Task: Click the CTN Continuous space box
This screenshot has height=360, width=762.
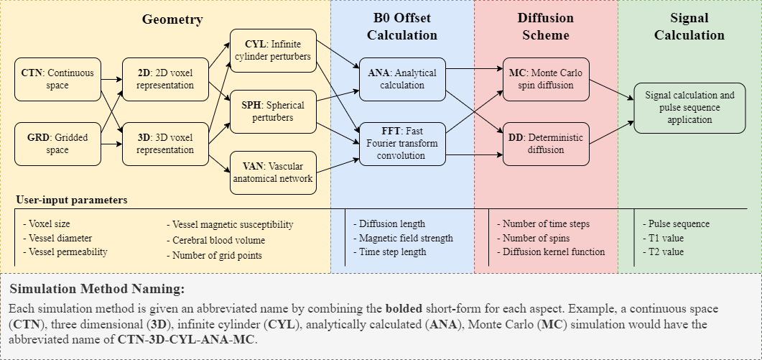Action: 57,79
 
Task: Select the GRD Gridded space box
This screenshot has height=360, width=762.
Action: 57,143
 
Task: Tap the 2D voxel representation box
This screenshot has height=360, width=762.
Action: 165,79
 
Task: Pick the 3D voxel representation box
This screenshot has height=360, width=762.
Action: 165,143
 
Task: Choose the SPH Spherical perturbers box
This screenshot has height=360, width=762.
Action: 273,111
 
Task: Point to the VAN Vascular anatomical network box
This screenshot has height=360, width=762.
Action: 273,172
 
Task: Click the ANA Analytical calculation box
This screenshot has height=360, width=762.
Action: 402,79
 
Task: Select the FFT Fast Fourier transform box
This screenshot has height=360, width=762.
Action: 402,143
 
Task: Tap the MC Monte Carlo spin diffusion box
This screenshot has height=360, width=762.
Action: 546,79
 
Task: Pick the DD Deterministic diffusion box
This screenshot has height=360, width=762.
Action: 546,143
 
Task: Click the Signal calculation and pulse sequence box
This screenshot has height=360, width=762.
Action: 689,107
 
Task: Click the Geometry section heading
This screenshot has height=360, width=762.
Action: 172,20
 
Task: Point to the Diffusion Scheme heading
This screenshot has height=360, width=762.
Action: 546,27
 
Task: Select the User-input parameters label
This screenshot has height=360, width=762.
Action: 72,200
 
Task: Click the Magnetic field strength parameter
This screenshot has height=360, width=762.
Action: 406,238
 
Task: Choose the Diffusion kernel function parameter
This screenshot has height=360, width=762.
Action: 553,251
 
